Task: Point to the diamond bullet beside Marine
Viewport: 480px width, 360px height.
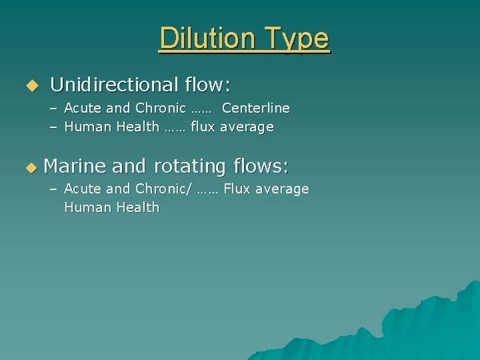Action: click(x=30, y=166)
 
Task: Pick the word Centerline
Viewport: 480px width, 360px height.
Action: click(x=256, y=108)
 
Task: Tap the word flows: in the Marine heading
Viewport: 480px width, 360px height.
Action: click(x=259, y=165)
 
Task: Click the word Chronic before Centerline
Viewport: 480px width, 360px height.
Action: click(x=161, y=108)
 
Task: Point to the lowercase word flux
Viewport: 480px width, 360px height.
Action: click(x=203, y=127)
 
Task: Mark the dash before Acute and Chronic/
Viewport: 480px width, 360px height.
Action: click(x=53, y=189)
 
